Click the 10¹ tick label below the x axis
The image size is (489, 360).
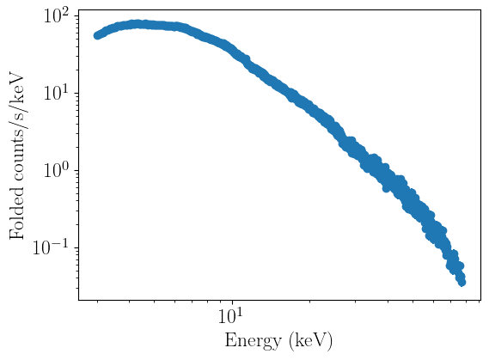pos(230,315)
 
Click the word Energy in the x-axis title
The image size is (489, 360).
pos(253,341)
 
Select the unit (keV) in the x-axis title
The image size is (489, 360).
pos(310,342)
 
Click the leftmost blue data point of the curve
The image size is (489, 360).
pos(97,36)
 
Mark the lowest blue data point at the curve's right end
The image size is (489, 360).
pos(462,283)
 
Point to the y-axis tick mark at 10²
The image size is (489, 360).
pos(76,15)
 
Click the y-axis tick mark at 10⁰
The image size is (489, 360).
pos(76,170)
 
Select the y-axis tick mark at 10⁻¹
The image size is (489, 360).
pos(76,247)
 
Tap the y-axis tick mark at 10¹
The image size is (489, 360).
pos(76,93)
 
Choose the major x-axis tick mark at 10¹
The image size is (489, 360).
pos(232,302)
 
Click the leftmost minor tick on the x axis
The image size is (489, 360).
pos(97,302)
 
